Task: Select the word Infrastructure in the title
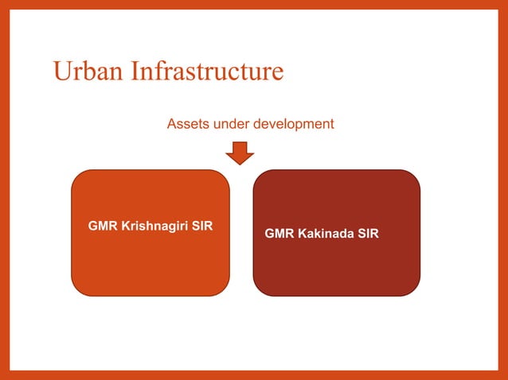(x=207, y=72)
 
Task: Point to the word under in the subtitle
(x=232, y=124)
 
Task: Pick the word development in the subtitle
(x=293, y=124)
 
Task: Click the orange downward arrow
(x=239, y=152)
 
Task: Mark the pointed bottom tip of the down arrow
(x=239, y=164)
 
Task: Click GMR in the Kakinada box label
(x=279, y=234)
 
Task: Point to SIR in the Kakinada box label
(x=369, y=234)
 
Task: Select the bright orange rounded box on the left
(x=150, y=262)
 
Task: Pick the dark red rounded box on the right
(x=336, y=266)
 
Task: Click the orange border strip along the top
(x=254, y=5)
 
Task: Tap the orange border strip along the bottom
(x=254, y=374)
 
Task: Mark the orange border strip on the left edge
(x=5, y=190)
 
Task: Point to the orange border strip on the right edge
(x=502, y=190)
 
